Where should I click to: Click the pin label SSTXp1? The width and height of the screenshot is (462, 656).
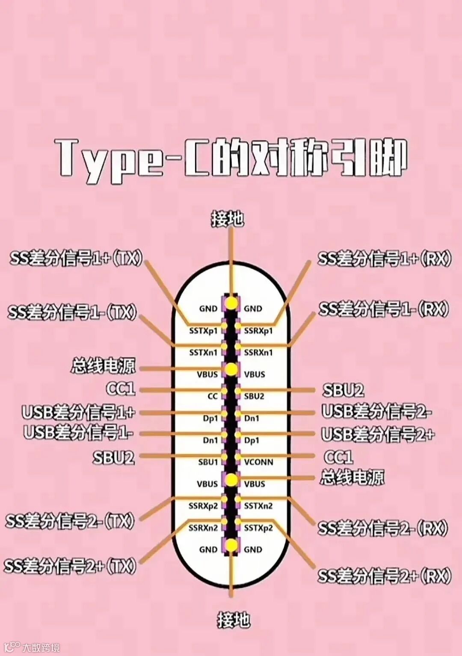point(203,331)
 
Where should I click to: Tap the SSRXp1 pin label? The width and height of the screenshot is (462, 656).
point(258,331)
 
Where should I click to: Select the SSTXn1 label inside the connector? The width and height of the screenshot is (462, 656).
point(203,353)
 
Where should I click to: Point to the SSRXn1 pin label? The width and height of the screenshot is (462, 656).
point(258,353)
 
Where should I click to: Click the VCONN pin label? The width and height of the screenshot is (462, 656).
point(258,462)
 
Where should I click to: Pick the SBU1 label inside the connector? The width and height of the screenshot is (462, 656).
point(208,462)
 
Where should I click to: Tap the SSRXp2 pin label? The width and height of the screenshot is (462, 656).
point(203,506)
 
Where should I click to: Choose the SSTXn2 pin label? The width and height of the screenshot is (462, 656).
point(258,506)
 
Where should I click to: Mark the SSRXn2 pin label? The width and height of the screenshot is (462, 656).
point(203,528)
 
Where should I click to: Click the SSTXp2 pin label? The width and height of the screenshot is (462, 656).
point(258,528)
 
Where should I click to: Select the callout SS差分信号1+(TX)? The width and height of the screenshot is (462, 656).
point(76,258)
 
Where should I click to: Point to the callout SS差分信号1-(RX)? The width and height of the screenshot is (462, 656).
point(384,309)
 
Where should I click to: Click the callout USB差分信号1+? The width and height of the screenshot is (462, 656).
point(79,412)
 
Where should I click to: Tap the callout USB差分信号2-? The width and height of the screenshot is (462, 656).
point(376,412)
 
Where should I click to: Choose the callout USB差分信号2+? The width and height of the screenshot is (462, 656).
point(378,434)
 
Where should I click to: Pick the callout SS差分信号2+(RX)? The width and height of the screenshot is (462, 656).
point(384,576)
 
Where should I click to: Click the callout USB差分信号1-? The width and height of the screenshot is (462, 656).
point(78,432)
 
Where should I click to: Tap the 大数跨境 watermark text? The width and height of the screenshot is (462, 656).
point(41,647)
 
